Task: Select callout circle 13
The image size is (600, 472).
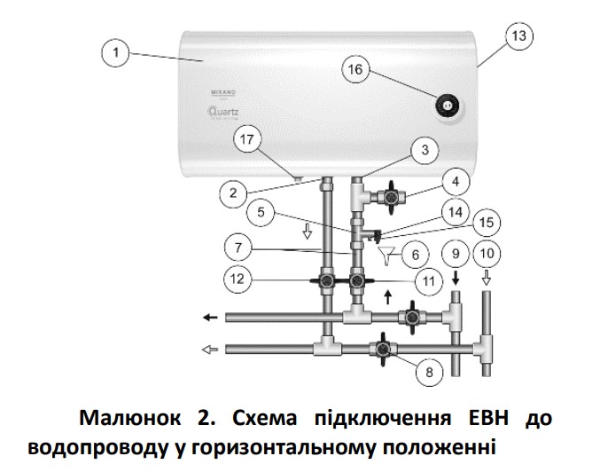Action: [518, 35]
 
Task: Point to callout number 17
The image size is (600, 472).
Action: [251, 138]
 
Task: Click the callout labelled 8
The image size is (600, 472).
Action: [429, 373]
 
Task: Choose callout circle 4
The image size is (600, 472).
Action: [454, 184]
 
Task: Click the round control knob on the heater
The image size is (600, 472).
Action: [448, 106]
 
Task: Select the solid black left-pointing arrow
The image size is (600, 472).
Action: [210, 317]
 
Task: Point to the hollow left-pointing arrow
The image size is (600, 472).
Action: [210, 349]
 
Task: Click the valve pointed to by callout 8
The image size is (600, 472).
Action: [383, 348]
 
